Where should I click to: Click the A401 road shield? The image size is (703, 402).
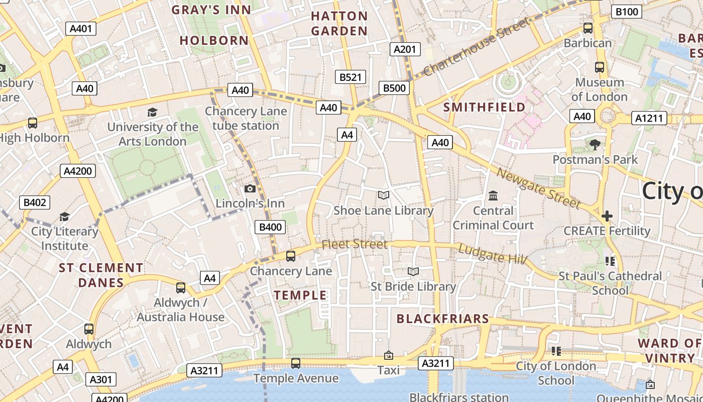[81, 29]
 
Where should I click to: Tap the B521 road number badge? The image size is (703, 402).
[350, 77]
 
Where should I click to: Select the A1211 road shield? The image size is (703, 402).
[650, 119]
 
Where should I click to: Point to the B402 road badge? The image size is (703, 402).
[35, 203]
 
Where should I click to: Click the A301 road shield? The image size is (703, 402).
[101, 379]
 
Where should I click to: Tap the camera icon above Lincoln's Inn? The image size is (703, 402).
[250, 189]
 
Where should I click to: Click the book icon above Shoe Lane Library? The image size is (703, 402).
[383, 195]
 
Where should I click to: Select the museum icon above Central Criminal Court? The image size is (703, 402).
[493, 195]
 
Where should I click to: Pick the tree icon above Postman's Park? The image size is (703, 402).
[595, 145]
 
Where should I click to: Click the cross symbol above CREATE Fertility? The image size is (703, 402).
[607, 216]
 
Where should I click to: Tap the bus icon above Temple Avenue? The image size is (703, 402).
[296, 363]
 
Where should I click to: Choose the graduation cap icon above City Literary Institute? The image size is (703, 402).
[64, 217]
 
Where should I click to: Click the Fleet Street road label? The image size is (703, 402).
[355, 244]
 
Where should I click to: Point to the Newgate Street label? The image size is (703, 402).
[538, 188]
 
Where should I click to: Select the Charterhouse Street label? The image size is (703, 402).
[477, 47]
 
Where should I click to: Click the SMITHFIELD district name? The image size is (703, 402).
[484, 107]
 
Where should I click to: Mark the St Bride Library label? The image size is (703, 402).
[413, 286]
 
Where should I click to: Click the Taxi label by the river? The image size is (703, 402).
[388, 370]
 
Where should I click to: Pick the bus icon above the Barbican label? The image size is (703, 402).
[588, 28]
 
